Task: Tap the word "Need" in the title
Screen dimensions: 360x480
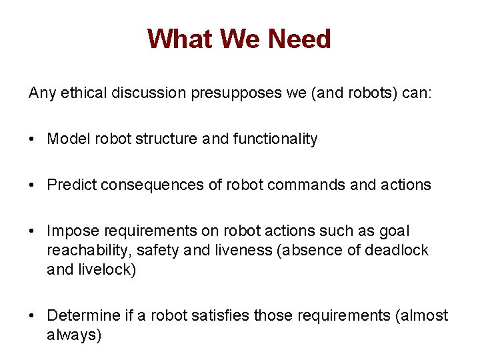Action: coord(299,39)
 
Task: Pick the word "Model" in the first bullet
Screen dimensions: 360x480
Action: coord(64,139)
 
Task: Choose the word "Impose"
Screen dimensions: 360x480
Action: coord(69,231)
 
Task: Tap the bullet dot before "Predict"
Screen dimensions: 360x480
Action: coord(33,185)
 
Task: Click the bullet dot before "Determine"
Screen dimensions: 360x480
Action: coord(33,316)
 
